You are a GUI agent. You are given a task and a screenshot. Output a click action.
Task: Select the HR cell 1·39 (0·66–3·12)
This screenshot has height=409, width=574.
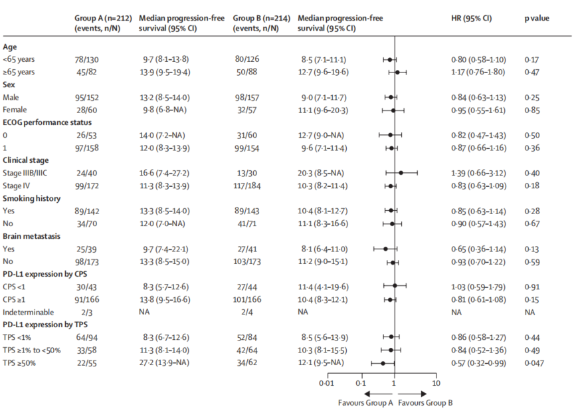477,172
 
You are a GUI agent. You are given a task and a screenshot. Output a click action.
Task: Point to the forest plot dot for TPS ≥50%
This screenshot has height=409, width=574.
383,362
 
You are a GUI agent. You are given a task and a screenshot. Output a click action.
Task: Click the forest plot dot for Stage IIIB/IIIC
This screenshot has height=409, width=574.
401,172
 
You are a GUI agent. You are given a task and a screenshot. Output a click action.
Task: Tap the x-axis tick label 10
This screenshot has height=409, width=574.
436,384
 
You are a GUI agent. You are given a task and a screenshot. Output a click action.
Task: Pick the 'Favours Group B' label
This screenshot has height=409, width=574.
425,402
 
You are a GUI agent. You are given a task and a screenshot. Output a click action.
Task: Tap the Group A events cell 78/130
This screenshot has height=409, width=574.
86,60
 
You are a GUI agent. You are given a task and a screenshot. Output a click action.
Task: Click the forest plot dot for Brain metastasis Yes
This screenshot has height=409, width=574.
386,248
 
